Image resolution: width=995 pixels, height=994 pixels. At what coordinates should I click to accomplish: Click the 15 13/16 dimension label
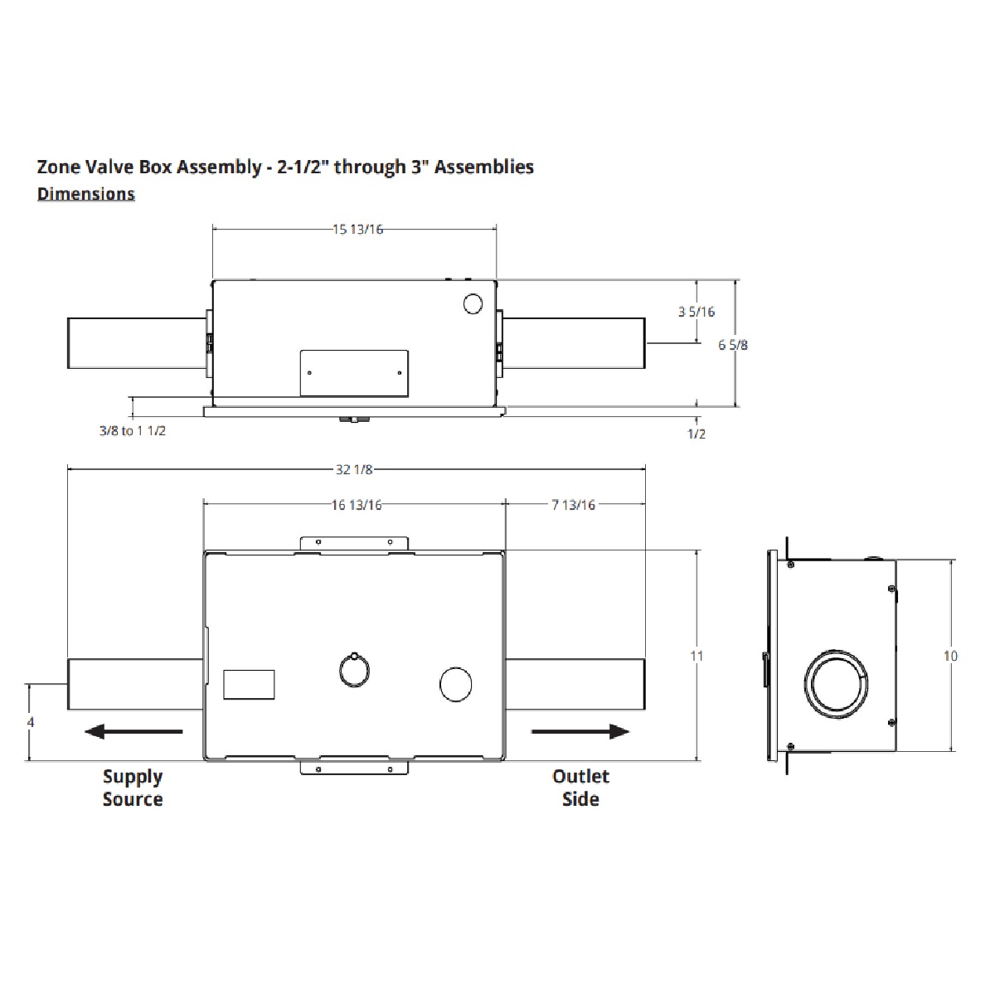pyautogui.click(x=358, y=230)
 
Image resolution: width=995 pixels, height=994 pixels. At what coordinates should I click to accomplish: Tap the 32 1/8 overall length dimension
pyautogui.click(x=354, y=469)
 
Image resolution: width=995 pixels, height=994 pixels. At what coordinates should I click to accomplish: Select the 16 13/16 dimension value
pyautogui.click(x=356, y=505)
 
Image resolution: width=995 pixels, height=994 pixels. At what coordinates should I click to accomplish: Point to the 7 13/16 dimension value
pyautogui.click(x=573, y=505)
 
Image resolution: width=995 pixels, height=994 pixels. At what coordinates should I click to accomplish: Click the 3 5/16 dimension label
pyautogui.click(x=696, y=312)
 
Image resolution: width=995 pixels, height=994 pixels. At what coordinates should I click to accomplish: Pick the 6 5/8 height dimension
pyautogui.click(x=732, y=344)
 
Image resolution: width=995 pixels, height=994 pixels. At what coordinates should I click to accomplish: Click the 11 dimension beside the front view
pyautogui.click(x=696, y=656)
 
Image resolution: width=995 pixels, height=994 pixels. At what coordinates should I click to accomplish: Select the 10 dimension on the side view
pyautogui.click(x=950, y=656)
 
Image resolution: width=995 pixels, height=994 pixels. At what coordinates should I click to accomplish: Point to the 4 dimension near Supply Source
pyautogui.click(x=31, y=722)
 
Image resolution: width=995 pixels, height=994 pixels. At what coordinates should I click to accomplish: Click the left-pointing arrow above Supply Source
pyautogui.click(x=133, y=731)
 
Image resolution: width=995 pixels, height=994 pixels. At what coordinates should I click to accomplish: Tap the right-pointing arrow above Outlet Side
pyautogui.click(x=580, y=731)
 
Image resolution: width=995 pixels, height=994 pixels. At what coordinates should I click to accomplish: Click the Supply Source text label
pyautogui.click(x=133, y=788)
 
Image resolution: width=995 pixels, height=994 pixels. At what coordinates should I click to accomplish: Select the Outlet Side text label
pyautogui.click(x=580, y=788)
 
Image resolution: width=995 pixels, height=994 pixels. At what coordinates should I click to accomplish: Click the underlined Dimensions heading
pyautogui.click(x=86, y=194)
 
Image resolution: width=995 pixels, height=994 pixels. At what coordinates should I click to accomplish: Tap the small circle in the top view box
pyautogui.click(x=473, y=304)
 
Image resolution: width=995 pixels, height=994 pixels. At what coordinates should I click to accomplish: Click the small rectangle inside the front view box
pyautogui.click(x=249, y=685)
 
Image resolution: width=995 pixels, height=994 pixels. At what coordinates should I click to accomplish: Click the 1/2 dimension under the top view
pyautogui.click(x=696, y=434)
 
